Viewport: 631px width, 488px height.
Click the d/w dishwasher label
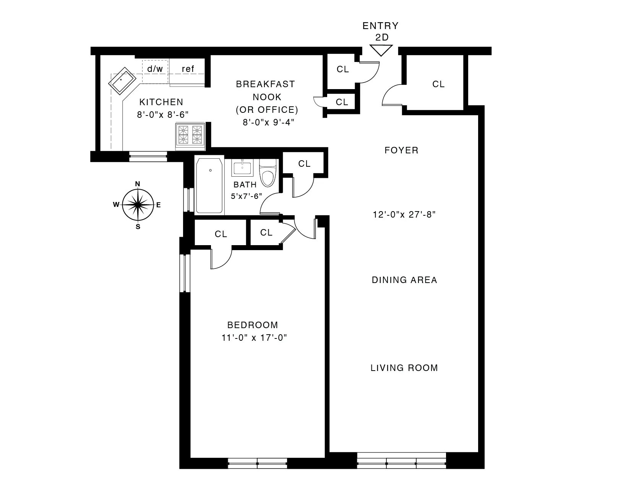[x=155, y=69]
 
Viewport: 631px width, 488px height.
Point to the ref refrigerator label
[x=188, y=69]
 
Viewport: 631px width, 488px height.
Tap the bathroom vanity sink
[x=242, y=168]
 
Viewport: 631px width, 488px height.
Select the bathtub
[x=209, y=185]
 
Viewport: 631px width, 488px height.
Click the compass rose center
[x=138, y=205]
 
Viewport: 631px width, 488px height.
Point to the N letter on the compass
[x=138, y=184]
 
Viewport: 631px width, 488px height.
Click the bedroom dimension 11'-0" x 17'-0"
[x=254, y=338]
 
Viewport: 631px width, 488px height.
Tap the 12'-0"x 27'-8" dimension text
[x=404, y=215]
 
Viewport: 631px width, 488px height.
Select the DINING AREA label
[x=404, y=280]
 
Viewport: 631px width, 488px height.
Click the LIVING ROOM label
[x=404, y=368]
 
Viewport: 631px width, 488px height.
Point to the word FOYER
[x=401, y=150]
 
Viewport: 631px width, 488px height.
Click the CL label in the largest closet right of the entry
[x=438, y=84]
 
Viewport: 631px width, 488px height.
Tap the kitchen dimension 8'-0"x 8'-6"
[x=163, y=114]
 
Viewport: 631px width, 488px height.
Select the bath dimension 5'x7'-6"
[x=247, y=196]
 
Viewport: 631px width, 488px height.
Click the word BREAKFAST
[x=266, y=84]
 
